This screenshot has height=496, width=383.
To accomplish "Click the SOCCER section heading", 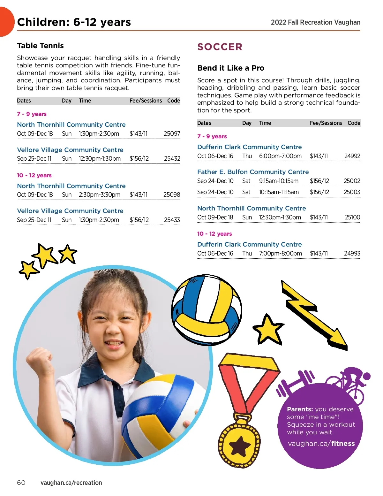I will [220, 47].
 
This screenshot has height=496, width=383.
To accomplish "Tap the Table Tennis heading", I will [40, 46].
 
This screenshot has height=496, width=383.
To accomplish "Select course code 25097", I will [172, 134].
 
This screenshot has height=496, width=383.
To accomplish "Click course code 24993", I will [352, 253].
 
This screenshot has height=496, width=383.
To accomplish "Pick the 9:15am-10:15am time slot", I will [279, 181].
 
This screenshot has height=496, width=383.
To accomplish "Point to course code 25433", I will [172, 220].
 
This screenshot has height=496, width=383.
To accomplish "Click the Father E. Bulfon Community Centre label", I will [253, 172].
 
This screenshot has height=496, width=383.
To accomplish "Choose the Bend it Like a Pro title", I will [231, 68].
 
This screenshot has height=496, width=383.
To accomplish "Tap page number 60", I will [21, 483].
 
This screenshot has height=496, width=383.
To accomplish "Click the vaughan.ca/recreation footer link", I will [71, 483].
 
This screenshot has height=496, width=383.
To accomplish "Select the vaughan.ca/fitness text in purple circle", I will [321, 443].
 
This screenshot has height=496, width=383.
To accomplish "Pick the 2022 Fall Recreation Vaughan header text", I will [315, 22].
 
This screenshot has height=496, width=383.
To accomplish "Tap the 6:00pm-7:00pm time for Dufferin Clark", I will [280, 156].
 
